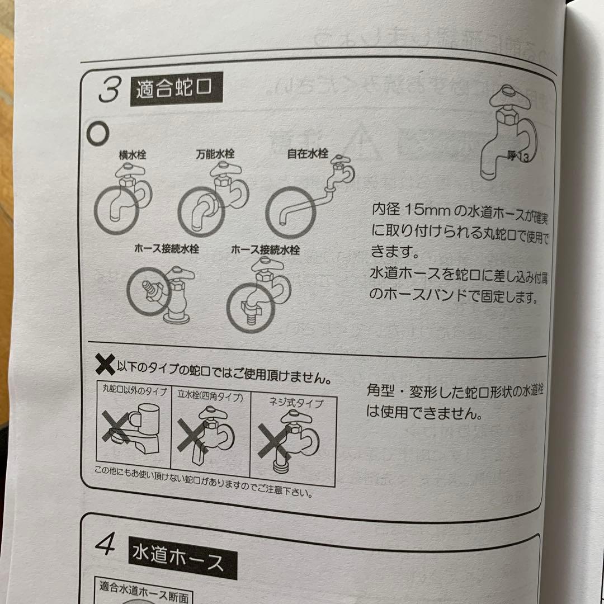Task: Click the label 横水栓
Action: tap(132, 152)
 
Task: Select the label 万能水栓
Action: tap(215, 153)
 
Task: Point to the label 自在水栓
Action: tap(307, 152)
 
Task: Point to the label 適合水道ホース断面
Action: tap(144, 587)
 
